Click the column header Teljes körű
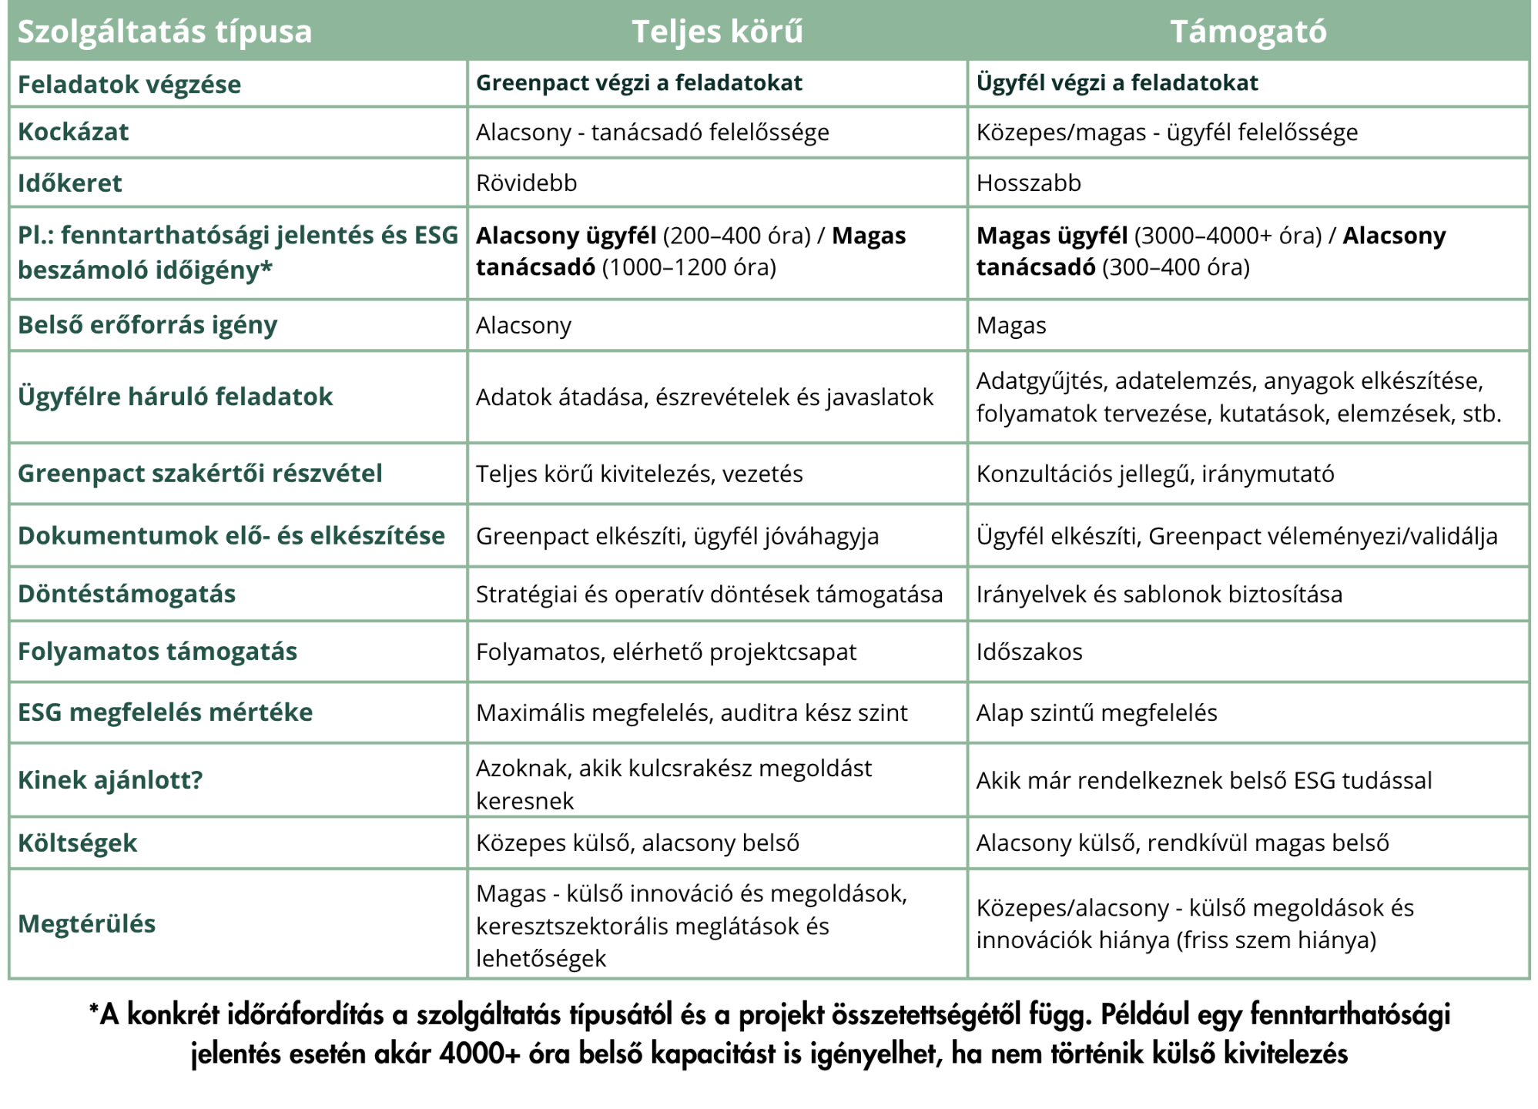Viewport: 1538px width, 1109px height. coord(717,32)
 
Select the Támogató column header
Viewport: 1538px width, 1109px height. coord(1248,32)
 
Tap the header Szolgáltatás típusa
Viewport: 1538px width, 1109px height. coord(165,32)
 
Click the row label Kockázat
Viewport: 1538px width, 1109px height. coord(73,132)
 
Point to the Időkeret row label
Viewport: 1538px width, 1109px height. coord(70,183)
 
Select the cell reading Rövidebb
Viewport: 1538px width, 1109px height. coord(526,183)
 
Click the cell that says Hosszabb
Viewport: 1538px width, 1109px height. coord(1028,183)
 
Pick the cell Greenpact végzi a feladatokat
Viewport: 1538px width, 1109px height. coord(638,83)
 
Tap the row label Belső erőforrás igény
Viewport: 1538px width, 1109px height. coord(147,325)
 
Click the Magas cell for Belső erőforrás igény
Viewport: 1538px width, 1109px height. coord(1011,326)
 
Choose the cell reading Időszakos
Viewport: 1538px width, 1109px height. coord(1029,652)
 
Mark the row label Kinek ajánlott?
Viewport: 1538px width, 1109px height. coord(110,780)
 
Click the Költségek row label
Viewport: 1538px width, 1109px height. coord(77,843)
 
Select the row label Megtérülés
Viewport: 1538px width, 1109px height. coord(86,923)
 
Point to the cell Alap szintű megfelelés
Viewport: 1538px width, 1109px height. coord(1097,713)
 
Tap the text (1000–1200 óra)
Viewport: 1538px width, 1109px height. coord(689,268)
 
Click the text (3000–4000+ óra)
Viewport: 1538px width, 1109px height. coord(1228,236)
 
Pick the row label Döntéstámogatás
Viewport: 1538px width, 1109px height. coord(126,594)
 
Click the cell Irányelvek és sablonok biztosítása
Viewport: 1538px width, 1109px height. coord(1159,595)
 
